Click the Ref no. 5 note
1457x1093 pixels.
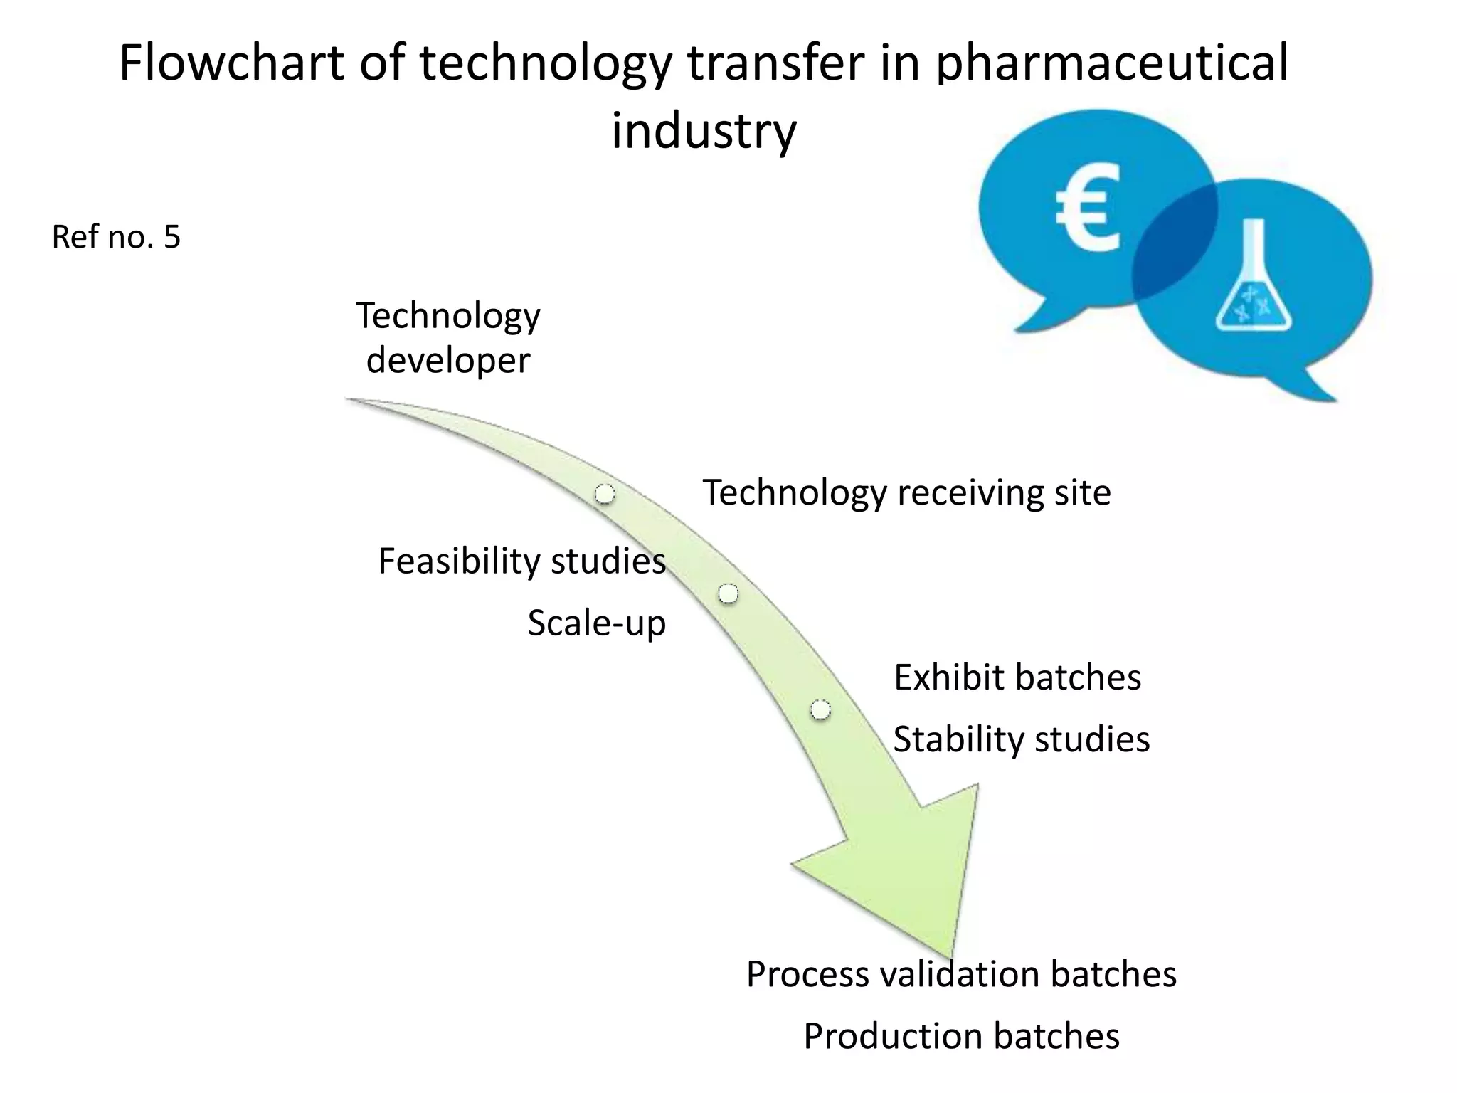click(116, 236)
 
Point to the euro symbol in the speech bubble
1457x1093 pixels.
click(1086, 209)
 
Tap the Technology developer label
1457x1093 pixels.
click(448, 337)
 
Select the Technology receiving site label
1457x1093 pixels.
click(906, 492)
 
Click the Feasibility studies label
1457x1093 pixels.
click(521, 561)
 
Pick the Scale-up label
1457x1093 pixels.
click(596, 623)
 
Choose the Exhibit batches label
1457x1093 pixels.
click(1017, 677)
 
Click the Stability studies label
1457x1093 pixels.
click(1021, 739)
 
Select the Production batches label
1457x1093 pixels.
click(961, 1035)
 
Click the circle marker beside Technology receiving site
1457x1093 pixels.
click(605, 494)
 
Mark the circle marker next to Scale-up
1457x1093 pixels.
click(728, 593)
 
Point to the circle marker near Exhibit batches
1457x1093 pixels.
click(820, 709)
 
